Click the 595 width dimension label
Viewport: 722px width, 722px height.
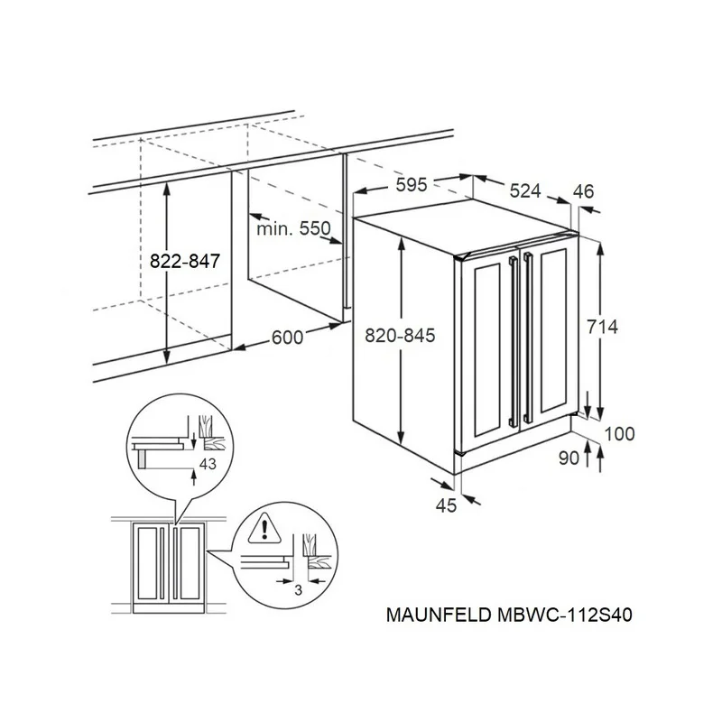click(412, 185)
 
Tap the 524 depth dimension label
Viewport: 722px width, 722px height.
click(525, 190)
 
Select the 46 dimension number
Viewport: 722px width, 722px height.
click(583, 191)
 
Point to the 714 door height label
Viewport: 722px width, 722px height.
click(602, 327)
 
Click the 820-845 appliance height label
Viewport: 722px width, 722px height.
click(400, 336)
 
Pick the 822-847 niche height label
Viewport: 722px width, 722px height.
click(185, 261)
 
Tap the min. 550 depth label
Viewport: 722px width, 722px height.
click(293, 228)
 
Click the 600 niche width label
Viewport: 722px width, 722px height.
click(287, 338)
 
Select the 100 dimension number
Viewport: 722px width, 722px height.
click(619, 434)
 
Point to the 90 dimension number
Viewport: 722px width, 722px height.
click(569, 458)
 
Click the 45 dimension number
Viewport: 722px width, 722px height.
click(446, 505)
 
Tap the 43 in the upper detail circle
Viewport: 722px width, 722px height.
click(208, 464)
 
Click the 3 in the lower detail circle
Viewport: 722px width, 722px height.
click(299, 589)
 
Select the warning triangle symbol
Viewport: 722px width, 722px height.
click(264, 528)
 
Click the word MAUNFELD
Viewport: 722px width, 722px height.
click(439, 616)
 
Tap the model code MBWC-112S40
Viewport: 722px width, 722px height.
click(565, 616)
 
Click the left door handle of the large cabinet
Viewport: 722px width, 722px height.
click(514, 341)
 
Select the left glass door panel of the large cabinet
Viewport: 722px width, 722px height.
click(487, 350)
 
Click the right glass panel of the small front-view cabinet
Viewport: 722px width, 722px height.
click(190, 563)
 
